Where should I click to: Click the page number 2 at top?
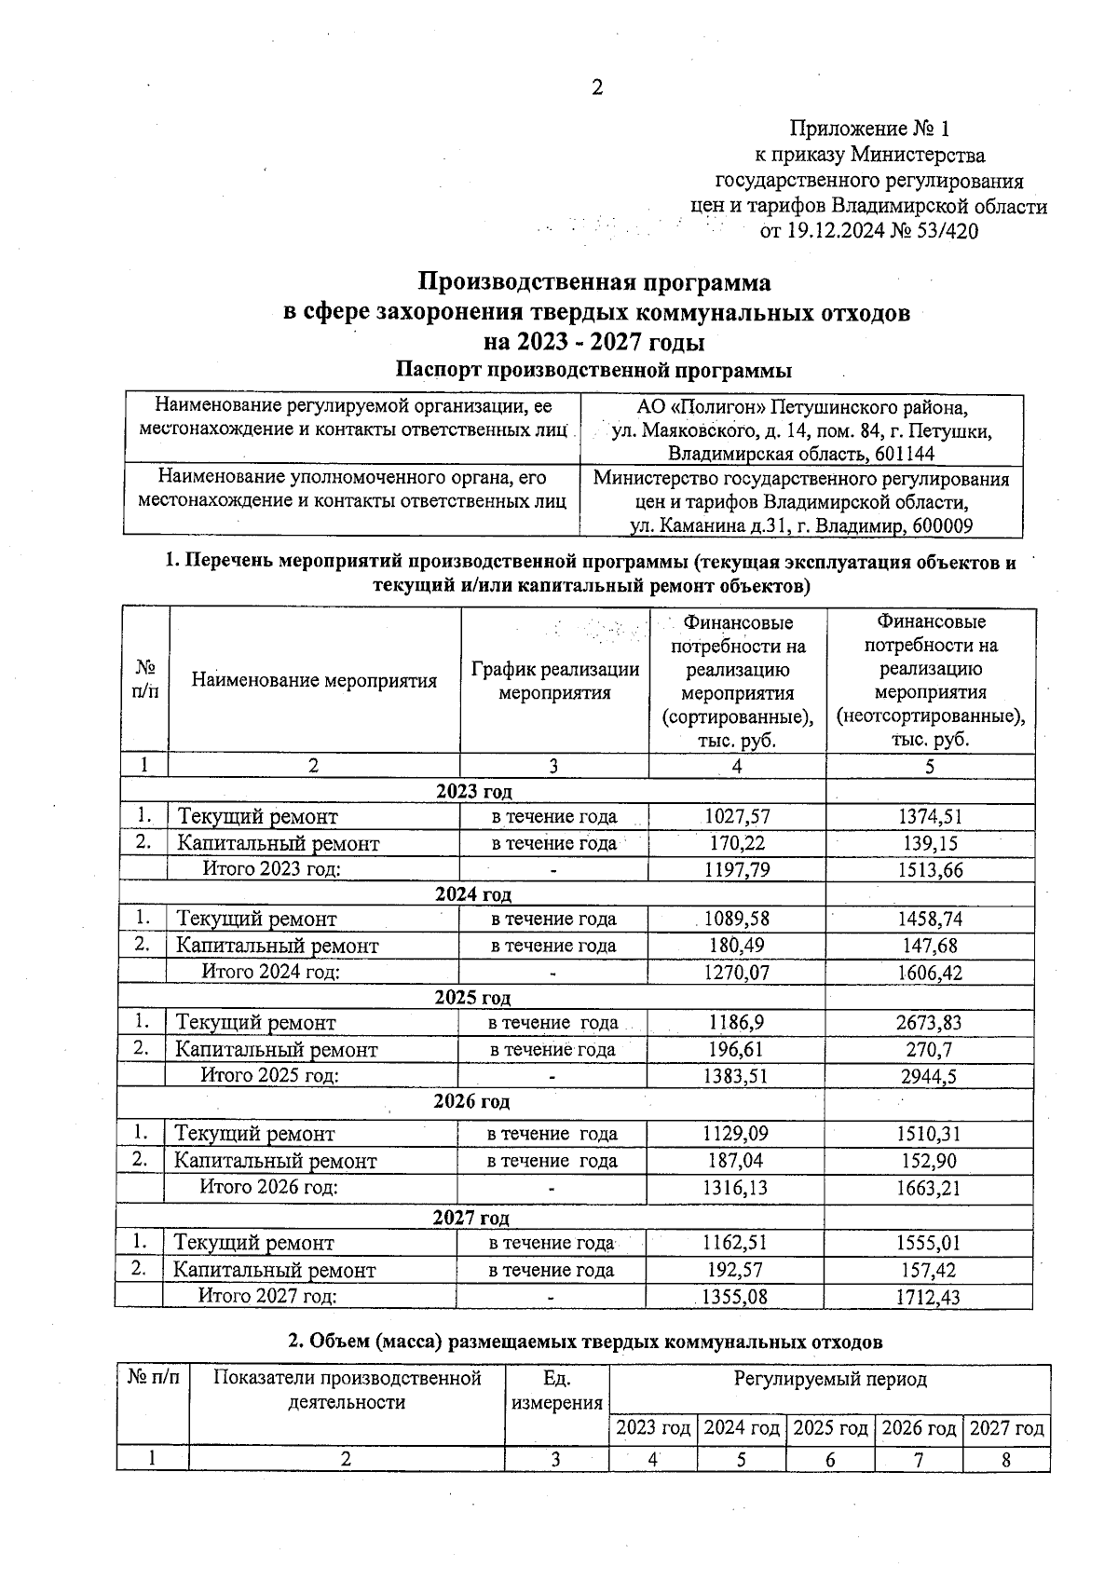coord(597,88)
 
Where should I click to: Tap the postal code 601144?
coord(903,455)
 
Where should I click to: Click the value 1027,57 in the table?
coord(736,817)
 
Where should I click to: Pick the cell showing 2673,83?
coord(929,1023)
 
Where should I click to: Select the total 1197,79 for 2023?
coord(736,870)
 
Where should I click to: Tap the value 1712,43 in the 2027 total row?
coord(929,1297)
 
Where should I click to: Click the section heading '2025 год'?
coord(472,998)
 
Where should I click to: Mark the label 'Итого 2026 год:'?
coord(269,1188)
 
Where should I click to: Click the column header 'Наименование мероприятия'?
coord(314,681)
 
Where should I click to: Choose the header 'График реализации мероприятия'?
coord(554,681)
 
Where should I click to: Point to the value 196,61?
coord(736,1050)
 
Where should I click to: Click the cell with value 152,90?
coord(929,1162)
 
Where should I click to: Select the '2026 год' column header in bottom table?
coord(919,1428)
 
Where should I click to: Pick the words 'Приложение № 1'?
coord(868,128)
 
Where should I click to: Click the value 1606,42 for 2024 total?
coord(929,973)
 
